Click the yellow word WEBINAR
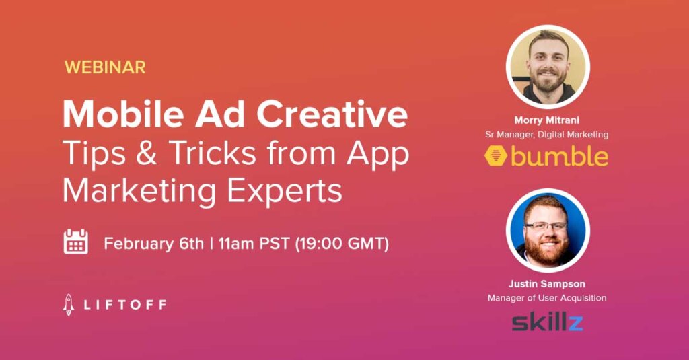coord(105,67)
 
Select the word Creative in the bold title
coord(332,114)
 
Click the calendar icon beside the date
coord(75,242)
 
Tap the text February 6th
coord(154,243)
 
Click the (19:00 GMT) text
coord(342,243)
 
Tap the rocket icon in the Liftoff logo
coord(68,305)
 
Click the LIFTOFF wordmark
coord(125,305)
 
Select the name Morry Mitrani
coord(546,120)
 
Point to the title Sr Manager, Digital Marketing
coord(546,134)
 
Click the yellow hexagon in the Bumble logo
coord(497,156)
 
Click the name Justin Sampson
coord(546,283)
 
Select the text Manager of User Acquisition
coord(546,298)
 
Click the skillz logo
coord(547,322)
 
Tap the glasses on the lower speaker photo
coord(546,226)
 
